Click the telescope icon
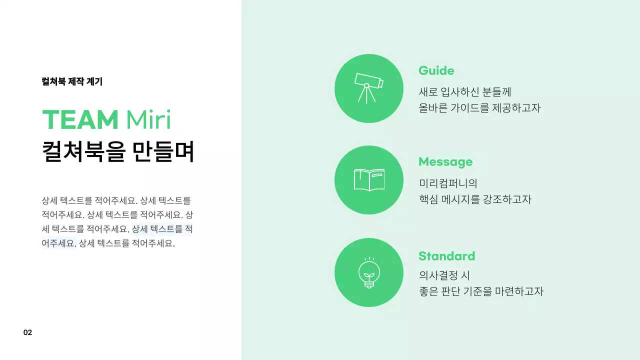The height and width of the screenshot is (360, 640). (x=369, y=87)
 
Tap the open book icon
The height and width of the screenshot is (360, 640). (x=369, y=180)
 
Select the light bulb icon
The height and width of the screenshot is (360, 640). (x=369, y=272)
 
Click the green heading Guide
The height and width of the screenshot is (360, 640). (x=436, y=70)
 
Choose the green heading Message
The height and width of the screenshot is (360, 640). (x=445, y=162)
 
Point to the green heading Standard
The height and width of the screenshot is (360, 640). (x=446, y=256)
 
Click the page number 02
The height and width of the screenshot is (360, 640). (x=27, y=332)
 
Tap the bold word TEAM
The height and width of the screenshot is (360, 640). (x=80, y=120)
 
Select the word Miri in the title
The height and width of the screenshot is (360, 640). (x=148, y=120)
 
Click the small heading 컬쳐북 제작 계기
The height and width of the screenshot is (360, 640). (x=72, y=81)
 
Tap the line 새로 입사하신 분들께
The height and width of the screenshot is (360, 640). (x=464, y=92)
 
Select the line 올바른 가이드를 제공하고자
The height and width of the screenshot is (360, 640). (x=479, y=107)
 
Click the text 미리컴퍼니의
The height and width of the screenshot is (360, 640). (x=448, y=183)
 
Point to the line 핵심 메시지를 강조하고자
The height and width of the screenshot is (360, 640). (x=474, y=199)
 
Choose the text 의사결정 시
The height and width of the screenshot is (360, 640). (x=444, y=275)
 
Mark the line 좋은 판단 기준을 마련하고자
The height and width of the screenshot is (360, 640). (x=480, y=291)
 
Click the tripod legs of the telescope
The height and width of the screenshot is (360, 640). (x=366, y=95)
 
